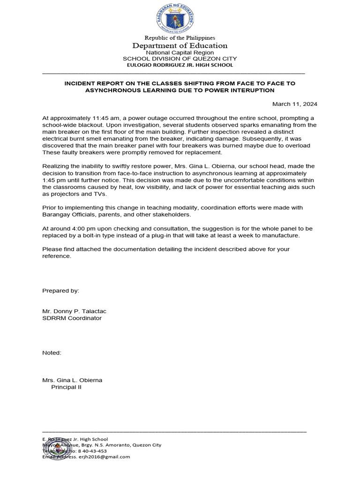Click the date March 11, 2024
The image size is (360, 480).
[295, 104]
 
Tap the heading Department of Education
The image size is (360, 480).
[180, 45]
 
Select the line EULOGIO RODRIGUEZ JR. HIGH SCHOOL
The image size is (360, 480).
[180, 65]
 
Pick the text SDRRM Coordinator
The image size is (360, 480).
[72, 318]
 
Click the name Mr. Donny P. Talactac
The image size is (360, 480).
[77, 311]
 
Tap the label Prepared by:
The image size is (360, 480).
[61, 291]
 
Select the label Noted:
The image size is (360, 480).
[52, 352]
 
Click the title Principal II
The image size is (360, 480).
[66, 388]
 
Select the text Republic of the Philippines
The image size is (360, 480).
[180, 37]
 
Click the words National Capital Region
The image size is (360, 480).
[180, 52]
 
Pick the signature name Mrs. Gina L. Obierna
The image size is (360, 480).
[72, 380]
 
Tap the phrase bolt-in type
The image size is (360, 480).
[106, 235]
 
